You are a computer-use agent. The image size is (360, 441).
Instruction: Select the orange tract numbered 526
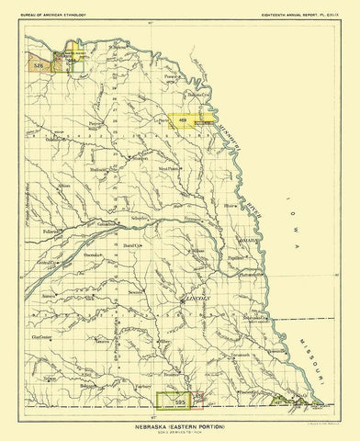coord(39,67)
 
